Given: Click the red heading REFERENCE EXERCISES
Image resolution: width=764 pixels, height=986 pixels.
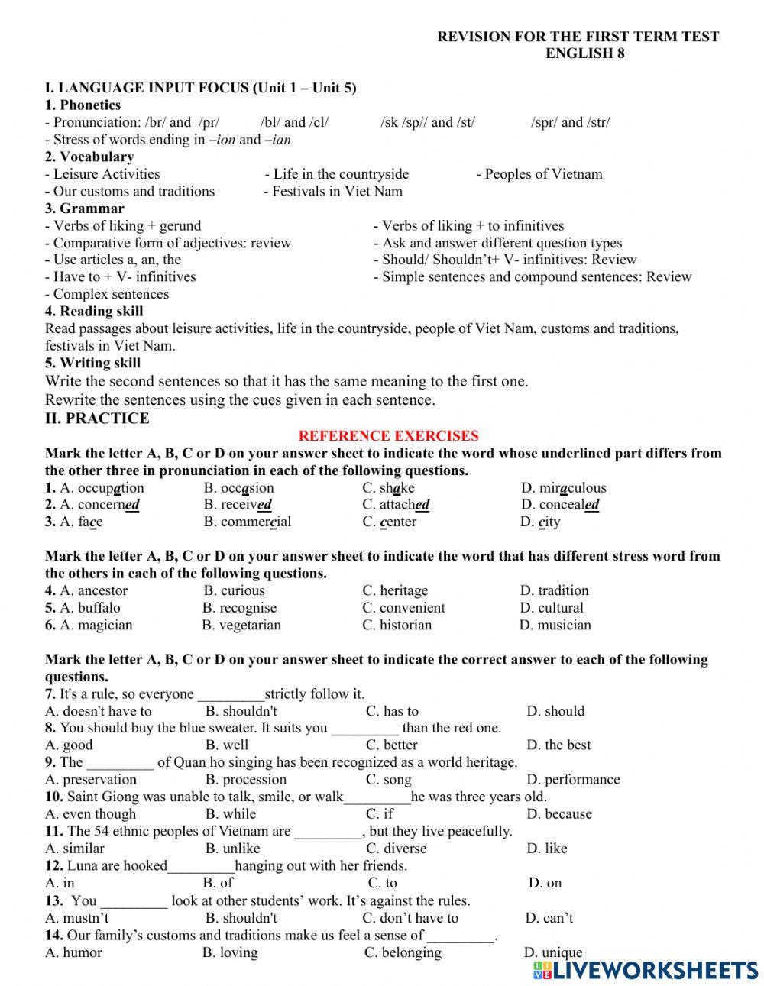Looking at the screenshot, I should (x=388, y=436).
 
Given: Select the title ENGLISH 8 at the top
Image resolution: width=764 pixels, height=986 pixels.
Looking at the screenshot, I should (x=584, y=53).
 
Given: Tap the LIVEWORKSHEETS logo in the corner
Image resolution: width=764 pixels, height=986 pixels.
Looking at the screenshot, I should (x=646, y=969).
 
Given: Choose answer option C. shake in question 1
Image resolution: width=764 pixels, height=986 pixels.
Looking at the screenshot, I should (x=388, y=488).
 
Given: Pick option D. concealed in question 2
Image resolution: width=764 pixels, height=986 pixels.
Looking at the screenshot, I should (x=559, y=505).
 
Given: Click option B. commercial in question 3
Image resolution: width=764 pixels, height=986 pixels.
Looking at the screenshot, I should (x=247, y=522).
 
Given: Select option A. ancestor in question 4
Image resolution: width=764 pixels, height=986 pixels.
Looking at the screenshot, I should (x=93, y=590).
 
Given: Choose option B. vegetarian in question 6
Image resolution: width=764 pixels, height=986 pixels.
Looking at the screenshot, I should (x=241, y=625).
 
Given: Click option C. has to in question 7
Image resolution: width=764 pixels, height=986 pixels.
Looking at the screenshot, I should (x=392, y=711).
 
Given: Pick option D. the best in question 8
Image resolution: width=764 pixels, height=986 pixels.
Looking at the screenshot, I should (x=558, y=745).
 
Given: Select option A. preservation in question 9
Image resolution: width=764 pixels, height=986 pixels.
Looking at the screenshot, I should (x=91, y=780).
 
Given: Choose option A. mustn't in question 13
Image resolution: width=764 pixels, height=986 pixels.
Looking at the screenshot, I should (x=77, y=918).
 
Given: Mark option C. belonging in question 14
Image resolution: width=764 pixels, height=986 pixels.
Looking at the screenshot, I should (x=403, y=952).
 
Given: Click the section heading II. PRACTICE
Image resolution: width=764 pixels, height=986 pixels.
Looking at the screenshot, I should (x=97, y=419).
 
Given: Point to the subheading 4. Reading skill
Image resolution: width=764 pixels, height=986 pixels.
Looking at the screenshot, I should (x=94, y=312).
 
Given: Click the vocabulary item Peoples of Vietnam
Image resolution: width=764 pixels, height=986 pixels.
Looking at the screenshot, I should (x=539, y=174).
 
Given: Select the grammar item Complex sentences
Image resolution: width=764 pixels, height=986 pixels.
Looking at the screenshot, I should (x=107, y=294).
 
